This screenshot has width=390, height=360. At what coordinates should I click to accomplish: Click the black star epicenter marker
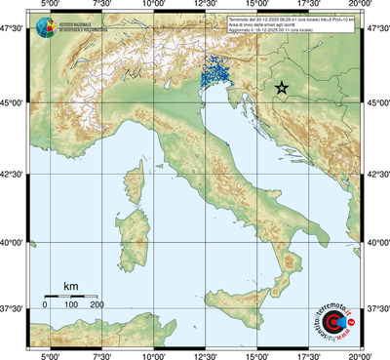tap(282, 88)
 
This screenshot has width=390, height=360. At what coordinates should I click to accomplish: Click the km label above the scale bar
tap(70, 286)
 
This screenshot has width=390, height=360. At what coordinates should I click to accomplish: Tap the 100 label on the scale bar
tap(71, 304)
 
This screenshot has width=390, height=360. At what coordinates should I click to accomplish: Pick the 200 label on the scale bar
tap(97, 304)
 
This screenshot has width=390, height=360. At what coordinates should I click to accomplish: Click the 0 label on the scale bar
tap(45, 304)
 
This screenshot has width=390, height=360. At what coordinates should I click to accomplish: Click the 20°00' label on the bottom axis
tap(360, 355)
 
